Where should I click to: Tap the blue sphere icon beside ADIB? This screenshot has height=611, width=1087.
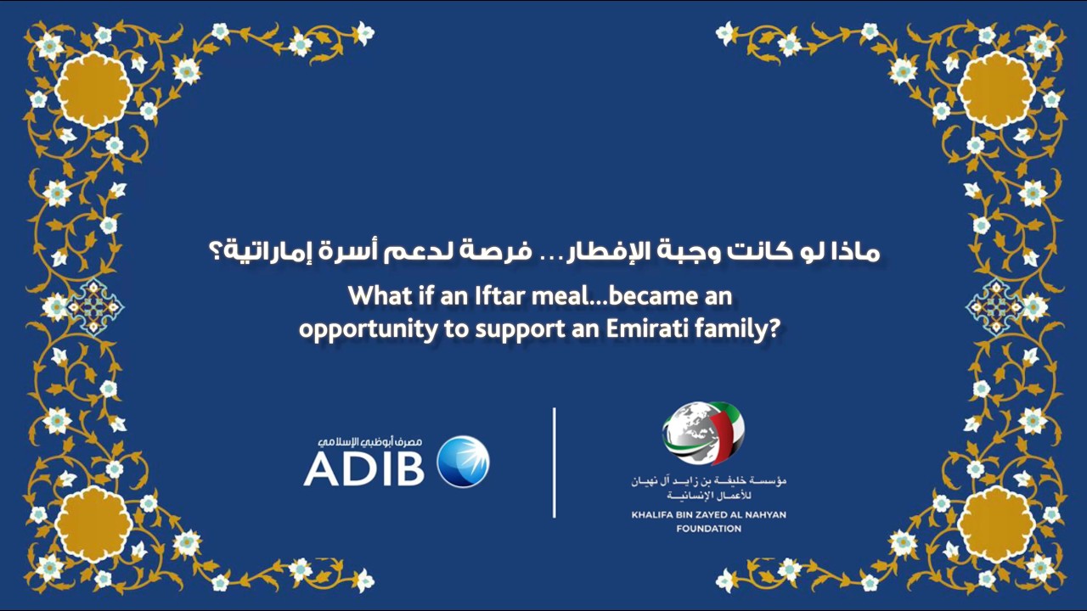tap(463, 462)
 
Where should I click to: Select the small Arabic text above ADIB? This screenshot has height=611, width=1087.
tap(375, 443)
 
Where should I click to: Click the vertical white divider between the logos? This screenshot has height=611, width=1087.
tap(555, 462)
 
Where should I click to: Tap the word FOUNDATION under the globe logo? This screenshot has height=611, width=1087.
tap(708, 529)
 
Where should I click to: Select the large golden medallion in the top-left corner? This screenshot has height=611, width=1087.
tap(93, 90)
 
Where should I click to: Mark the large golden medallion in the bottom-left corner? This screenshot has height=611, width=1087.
tap(93, 522)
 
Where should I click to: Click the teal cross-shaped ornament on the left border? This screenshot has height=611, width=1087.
tap(95, 305)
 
